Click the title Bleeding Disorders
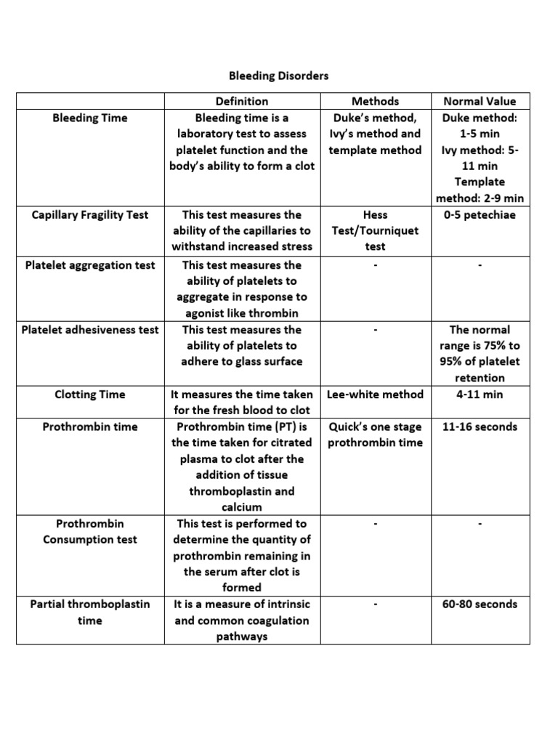(279, 76)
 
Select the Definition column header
(241, 102)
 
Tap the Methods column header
(375, 102)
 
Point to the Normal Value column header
(479, 102)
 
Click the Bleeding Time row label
(90, 118)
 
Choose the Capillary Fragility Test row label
(90, 214)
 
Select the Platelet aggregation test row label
(90, 265)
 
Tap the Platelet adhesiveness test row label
(90, 329)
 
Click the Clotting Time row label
(90, 395)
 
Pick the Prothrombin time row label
(90, 426)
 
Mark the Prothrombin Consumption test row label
(90, 531)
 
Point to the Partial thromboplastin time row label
(90, 612)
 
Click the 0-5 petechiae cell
(479, 214)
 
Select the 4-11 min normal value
(479, 395)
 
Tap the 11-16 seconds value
(479, 426)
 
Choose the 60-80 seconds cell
(479, 604)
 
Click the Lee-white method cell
(375, 395)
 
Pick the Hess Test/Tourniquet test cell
(375, 230)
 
